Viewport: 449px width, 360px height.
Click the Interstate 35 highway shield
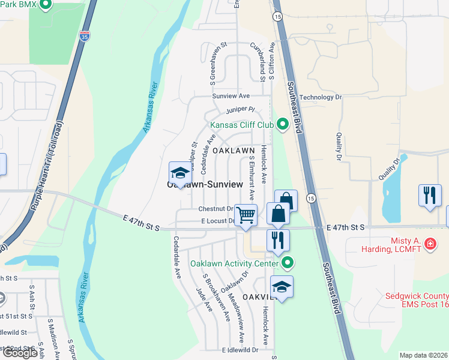coord(85,34)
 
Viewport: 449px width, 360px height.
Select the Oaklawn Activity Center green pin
coord(288,263)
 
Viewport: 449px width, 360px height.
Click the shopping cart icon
coord(246,215)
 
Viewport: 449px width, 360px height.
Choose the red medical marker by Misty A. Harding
coord(430,244)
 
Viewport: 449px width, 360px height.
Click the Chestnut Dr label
coord(215,209)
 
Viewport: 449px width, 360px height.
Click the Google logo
coord(20,352)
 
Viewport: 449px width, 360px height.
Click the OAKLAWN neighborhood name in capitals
coord(232,150)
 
